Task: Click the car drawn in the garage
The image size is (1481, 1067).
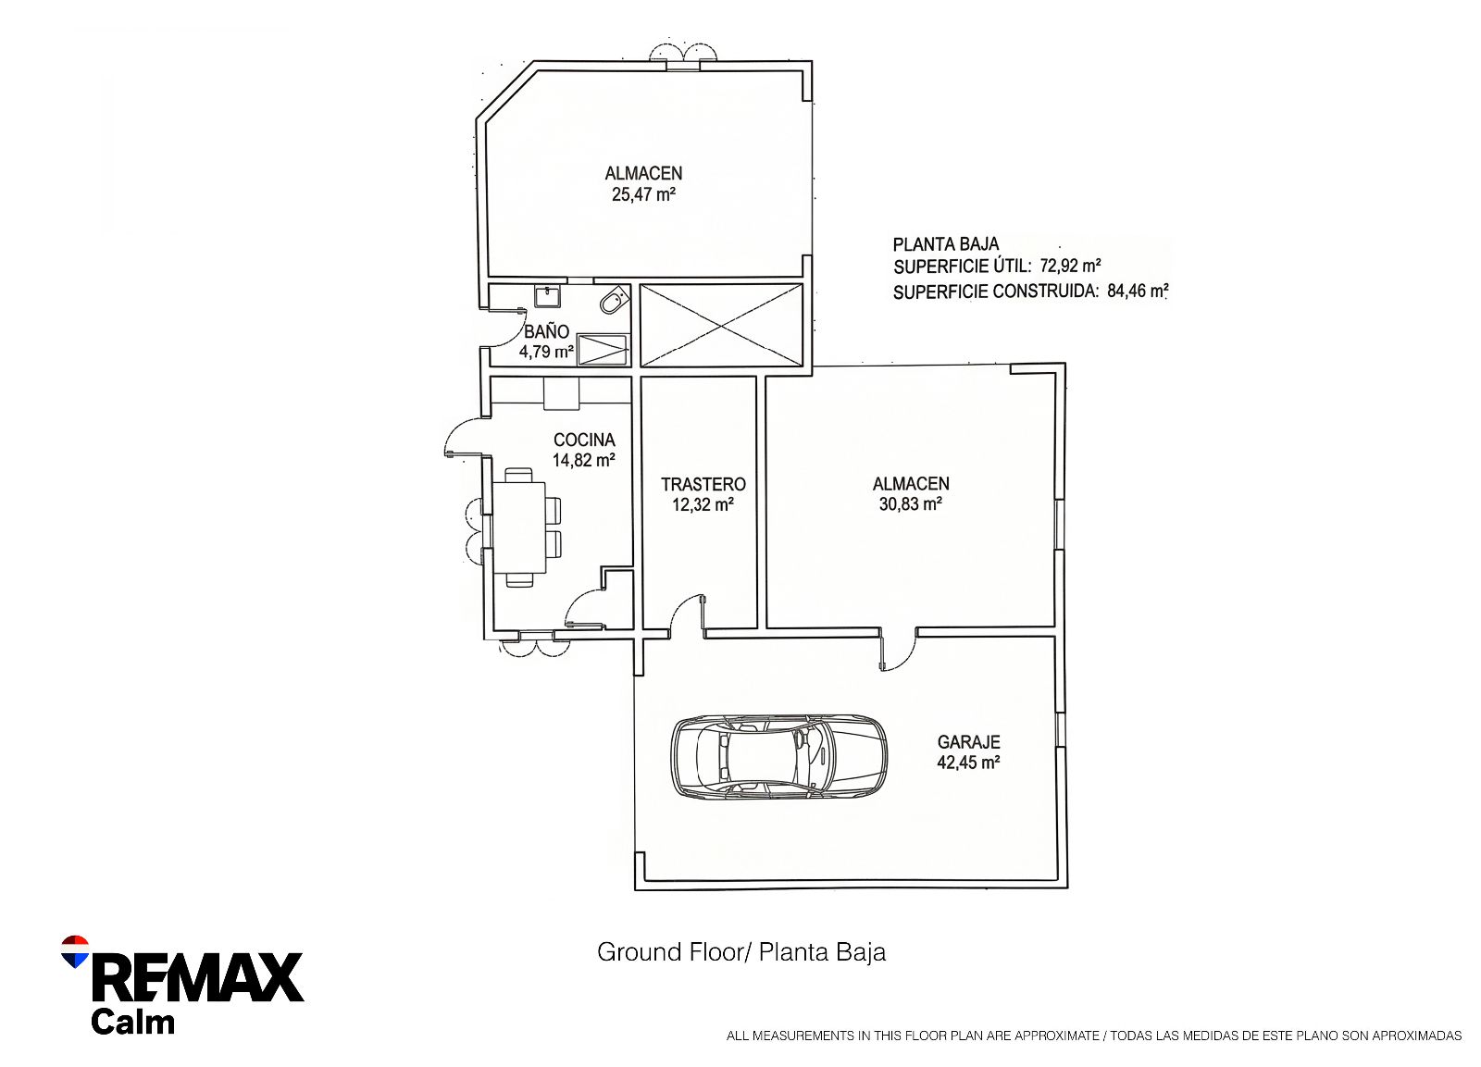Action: [778, 758]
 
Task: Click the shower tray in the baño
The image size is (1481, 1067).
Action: [603, 350]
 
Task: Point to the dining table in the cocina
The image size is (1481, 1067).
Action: [519, 527]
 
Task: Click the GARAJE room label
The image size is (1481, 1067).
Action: [968, 742]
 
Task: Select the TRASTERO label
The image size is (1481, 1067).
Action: [703, 485]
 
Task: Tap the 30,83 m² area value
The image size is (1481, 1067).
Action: [911, 504]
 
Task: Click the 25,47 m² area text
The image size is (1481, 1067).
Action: [643, 194]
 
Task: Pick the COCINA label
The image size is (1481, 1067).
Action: [584, 440]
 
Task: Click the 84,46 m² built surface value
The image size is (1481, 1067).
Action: [1138, 291]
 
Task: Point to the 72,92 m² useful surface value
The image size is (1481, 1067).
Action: [1070, 266]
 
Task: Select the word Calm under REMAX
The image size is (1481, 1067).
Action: [133, 1022]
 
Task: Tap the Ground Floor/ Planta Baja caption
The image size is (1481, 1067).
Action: [741, 952]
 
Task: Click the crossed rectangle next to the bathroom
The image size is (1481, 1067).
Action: [721, 325]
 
